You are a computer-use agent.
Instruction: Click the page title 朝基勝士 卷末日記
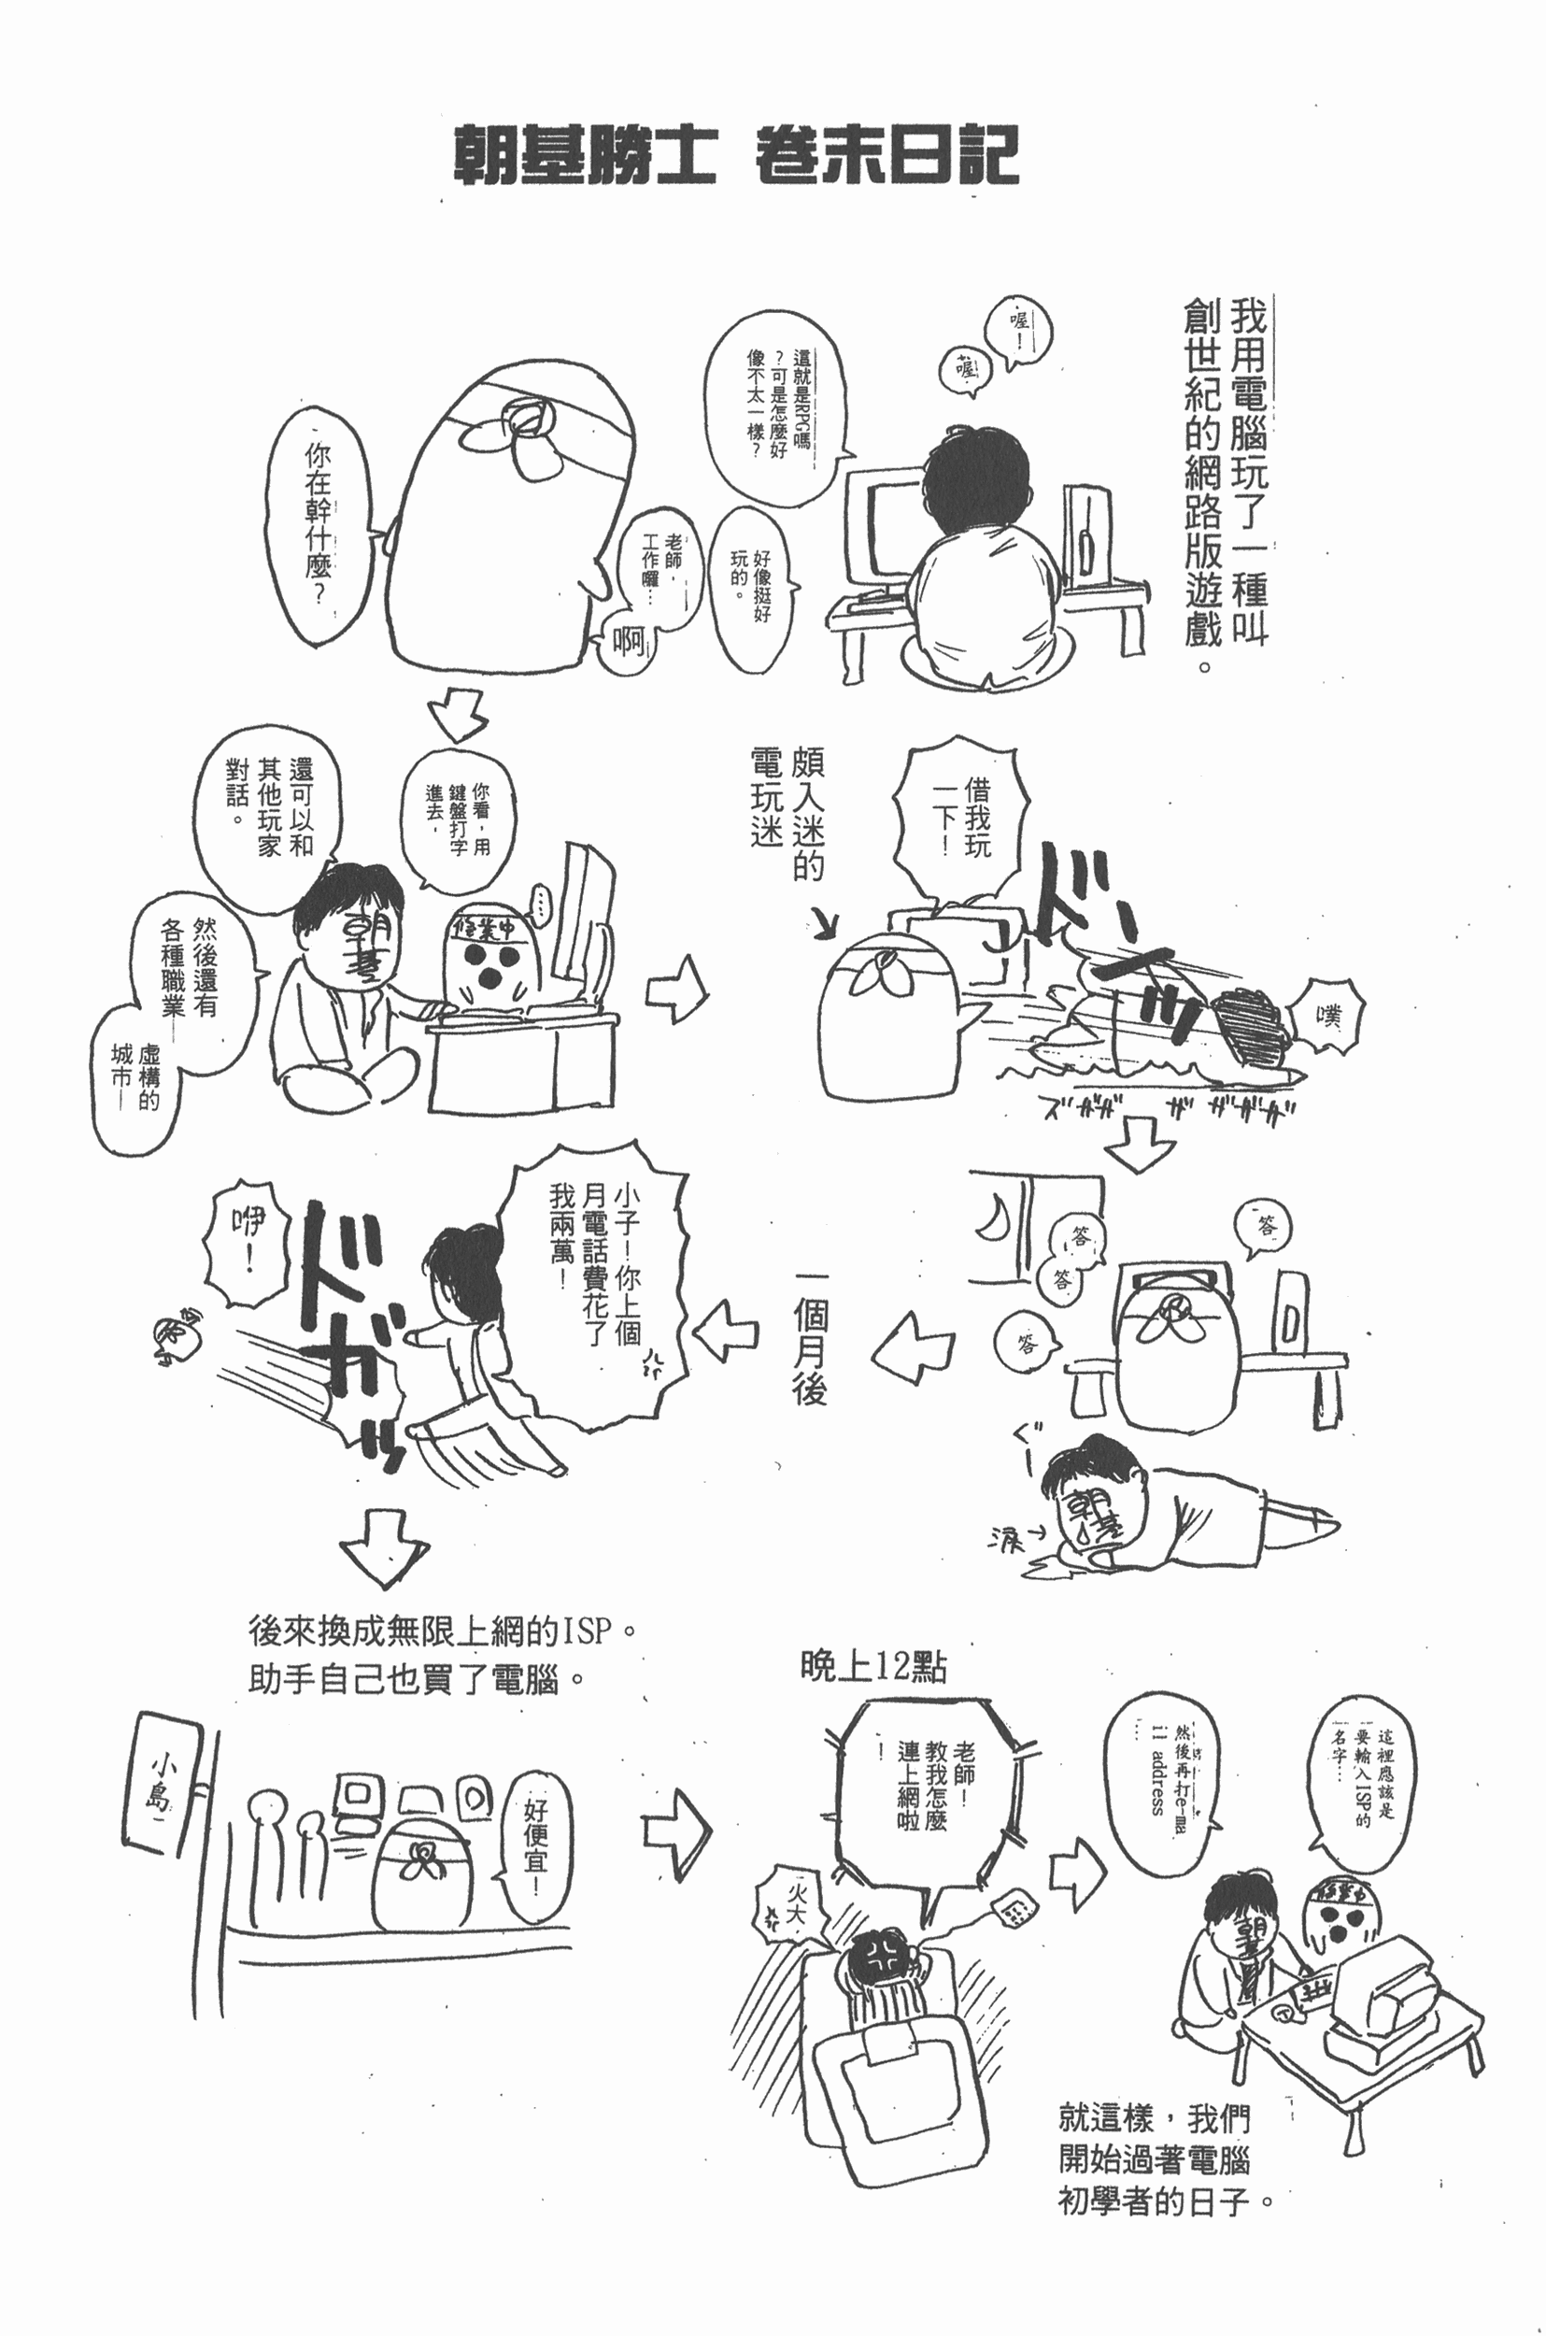[x=734, y=156]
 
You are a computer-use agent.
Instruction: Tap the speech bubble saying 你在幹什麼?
[x=319, y=528]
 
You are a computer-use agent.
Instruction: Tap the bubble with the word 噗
[x=1331, y=1017]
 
